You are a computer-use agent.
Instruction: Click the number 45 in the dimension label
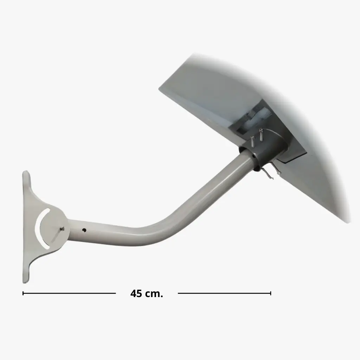[136, 294]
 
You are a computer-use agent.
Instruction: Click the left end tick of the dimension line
[23, 293]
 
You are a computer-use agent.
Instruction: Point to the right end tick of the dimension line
[270, 293]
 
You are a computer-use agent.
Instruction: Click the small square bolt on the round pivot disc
[62, 229]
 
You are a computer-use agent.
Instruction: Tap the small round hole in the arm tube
[84, 230]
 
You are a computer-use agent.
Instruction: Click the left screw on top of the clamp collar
[253, 141]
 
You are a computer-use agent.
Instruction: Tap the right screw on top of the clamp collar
[261, 134]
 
